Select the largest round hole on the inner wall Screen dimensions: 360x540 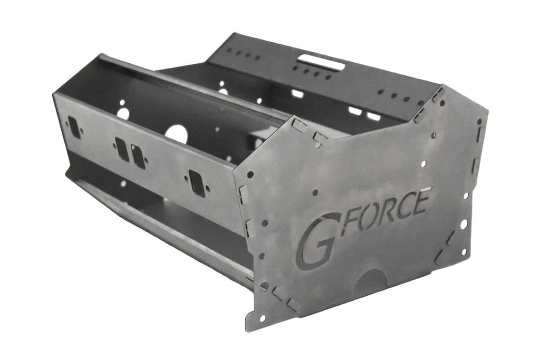pos(177,133)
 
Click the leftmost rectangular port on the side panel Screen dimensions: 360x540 pos(75,127)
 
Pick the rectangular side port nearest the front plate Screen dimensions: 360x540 pos(197,183)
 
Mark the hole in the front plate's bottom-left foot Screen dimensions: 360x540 pos(262,318)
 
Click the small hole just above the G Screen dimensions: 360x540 pos(315,193)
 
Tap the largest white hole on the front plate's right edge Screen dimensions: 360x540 pos(464,224)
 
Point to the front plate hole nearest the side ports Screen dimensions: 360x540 pos(250,174)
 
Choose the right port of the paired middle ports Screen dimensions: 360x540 pos(138,157)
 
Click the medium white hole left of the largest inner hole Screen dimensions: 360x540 pos(123,113)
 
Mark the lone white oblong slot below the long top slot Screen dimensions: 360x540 pos(297,94)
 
